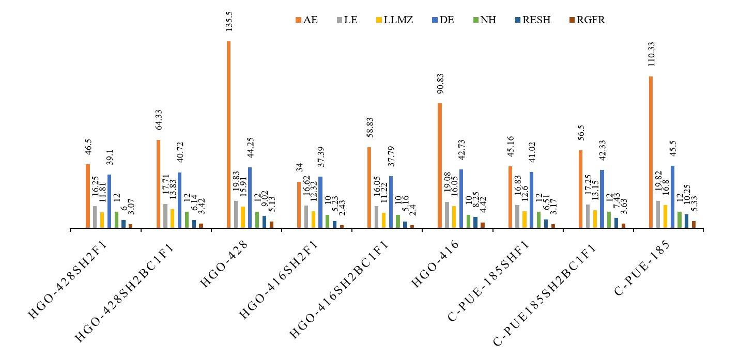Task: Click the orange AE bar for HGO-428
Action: pos(228,134)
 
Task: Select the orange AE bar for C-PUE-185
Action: pos(651,152)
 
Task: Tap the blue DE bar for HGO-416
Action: pos(461,198)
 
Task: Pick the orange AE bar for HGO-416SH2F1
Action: pos(299,205)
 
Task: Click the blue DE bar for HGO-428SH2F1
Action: pos(109,201)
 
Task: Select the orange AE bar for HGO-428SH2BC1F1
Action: pos(158,183)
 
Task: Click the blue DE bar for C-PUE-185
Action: pos(672,196)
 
